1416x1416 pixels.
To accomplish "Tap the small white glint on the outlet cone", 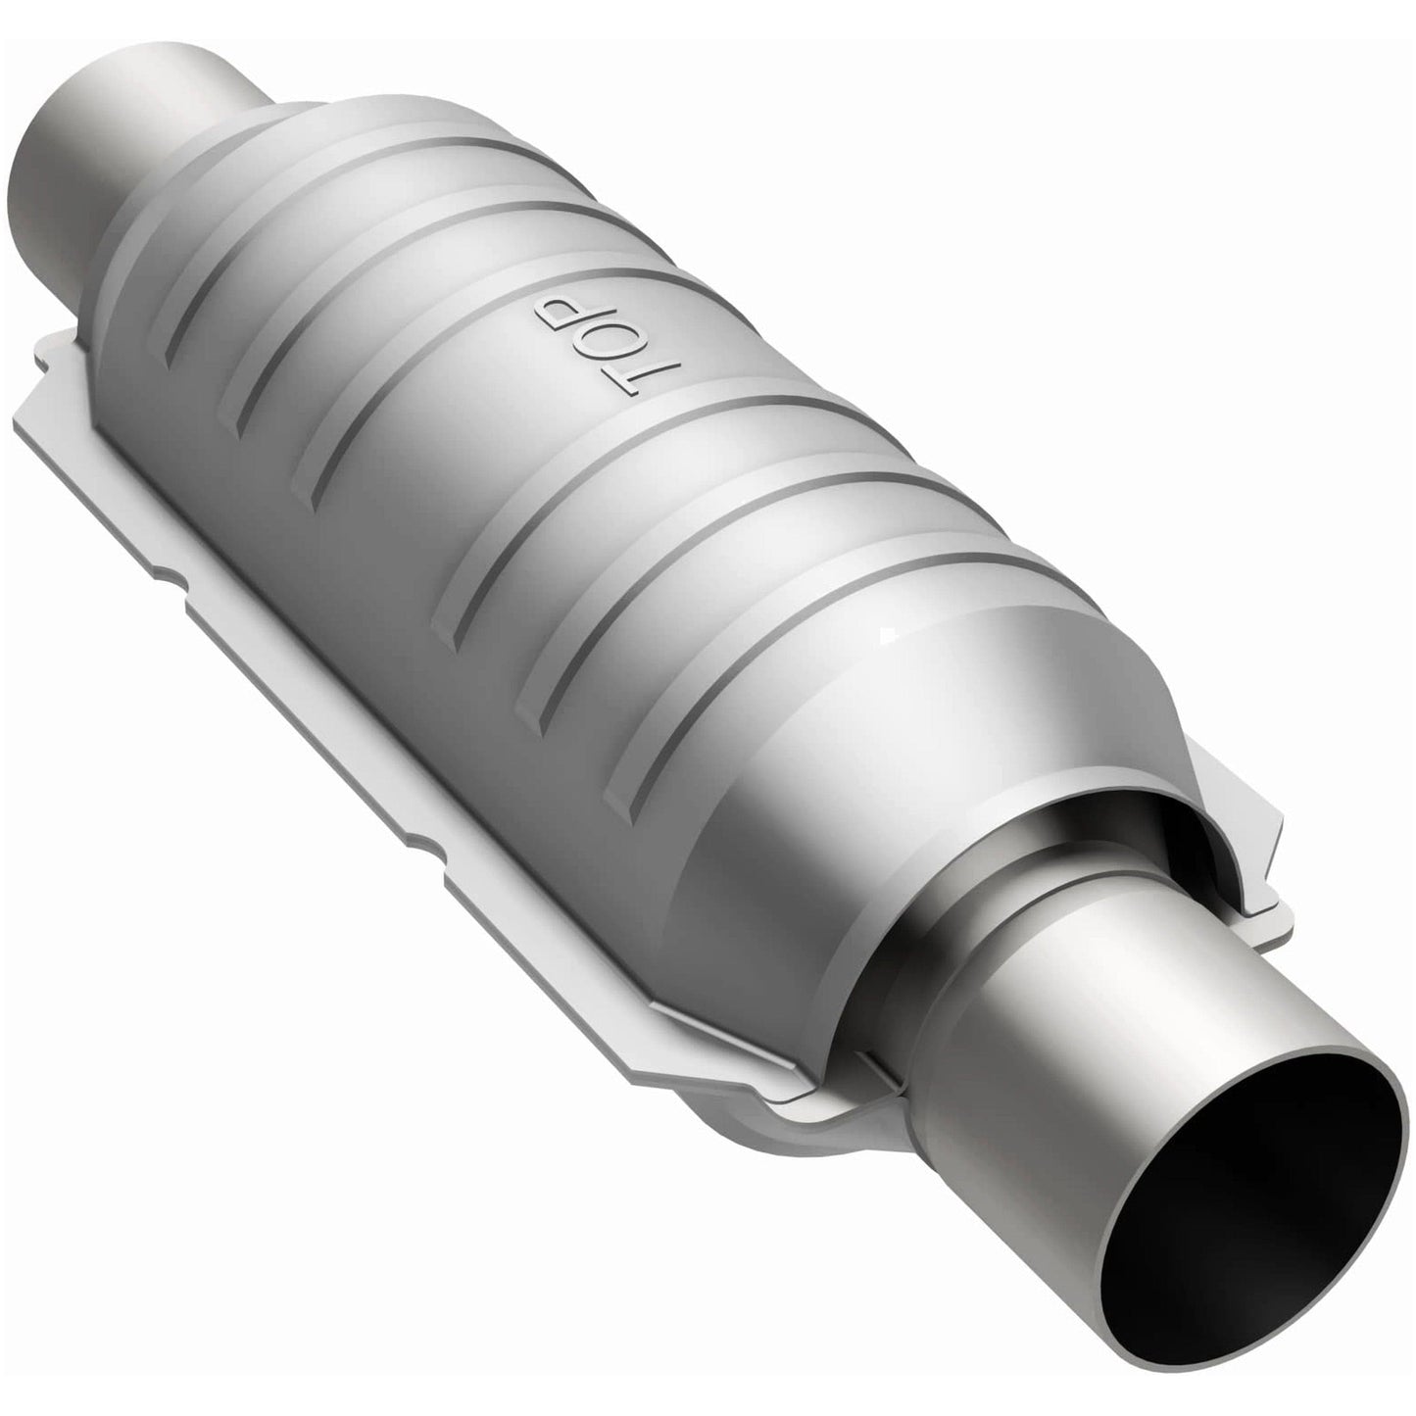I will tap(886, 638).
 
